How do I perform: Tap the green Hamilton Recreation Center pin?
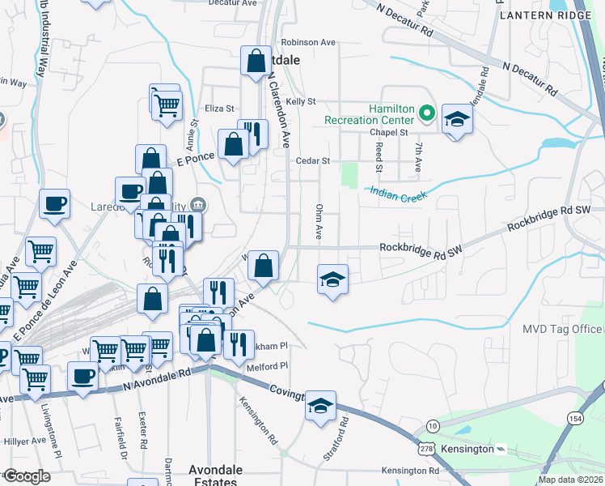428,113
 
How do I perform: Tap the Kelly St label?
299,101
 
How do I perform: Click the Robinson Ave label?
308,42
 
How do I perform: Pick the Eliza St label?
219,108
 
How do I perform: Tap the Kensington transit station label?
467,448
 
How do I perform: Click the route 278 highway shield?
427,448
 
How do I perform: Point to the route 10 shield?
434,425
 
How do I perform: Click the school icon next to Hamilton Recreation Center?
457,120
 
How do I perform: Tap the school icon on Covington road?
320,406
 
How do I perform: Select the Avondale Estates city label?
210,475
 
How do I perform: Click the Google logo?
26,476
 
